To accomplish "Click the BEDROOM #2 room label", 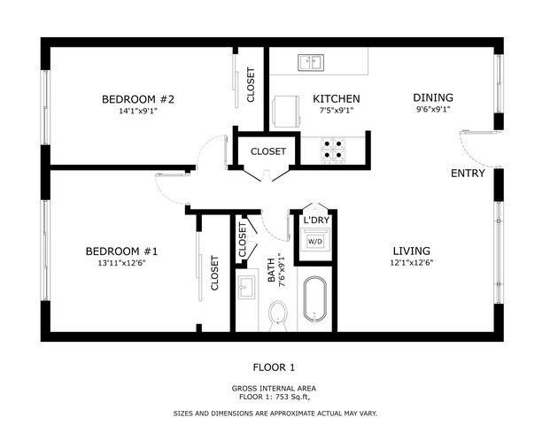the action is click(138, 99).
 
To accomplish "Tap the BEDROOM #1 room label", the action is click(121, 251).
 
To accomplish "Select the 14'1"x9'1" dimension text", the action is click(137, 112).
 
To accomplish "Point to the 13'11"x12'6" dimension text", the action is click(121, 263).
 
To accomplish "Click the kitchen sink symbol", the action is click(311, 62).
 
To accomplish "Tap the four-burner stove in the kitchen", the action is click(333, 151).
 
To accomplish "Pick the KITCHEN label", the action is click(336, 99).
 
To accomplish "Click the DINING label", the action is click(433, 97).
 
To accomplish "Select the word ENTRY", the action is click(468, 174).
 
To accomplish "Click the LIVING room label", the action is click(412, 251).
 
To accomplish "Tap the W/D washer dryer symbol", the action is click(315, 241).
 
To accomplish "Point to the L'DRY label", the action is click(316, 220).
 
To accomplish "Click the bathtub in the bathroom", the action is click(314, 299).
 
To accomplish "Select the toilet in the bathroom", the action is click(278, 315).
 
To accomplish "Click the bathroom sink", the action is click(246, 287).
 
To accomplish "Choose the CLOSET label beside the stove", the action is click(268, 151).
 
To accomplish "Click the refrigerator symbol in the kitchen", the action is click(286, 112).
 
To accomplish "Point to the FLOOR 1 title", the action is click(274, 367).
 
